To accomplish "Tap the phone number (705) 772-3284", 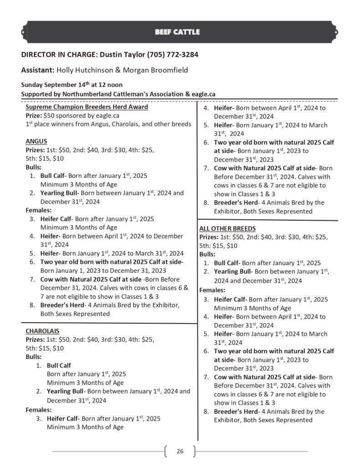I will [172, 55].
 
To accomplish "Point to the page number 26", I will [180, 451].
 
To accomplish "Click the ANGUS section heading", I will [36, 141].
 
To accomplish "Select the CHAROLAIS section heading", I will [42, 330].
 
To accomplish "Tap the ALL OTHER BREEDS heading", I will [227, 228].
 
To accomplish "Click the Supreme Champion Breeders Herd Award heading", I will [86, 107].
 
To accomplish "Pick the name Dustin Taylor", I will [121, 55].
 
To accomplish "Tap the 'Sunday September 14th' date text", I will [51, 85].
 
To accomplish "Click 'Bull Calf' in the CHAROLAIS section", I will [59, 365].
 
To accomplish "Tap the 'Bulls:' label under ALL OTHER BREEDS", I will [208, 254].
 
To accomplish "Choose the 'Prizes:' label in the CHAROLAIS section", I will [35, 339].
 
